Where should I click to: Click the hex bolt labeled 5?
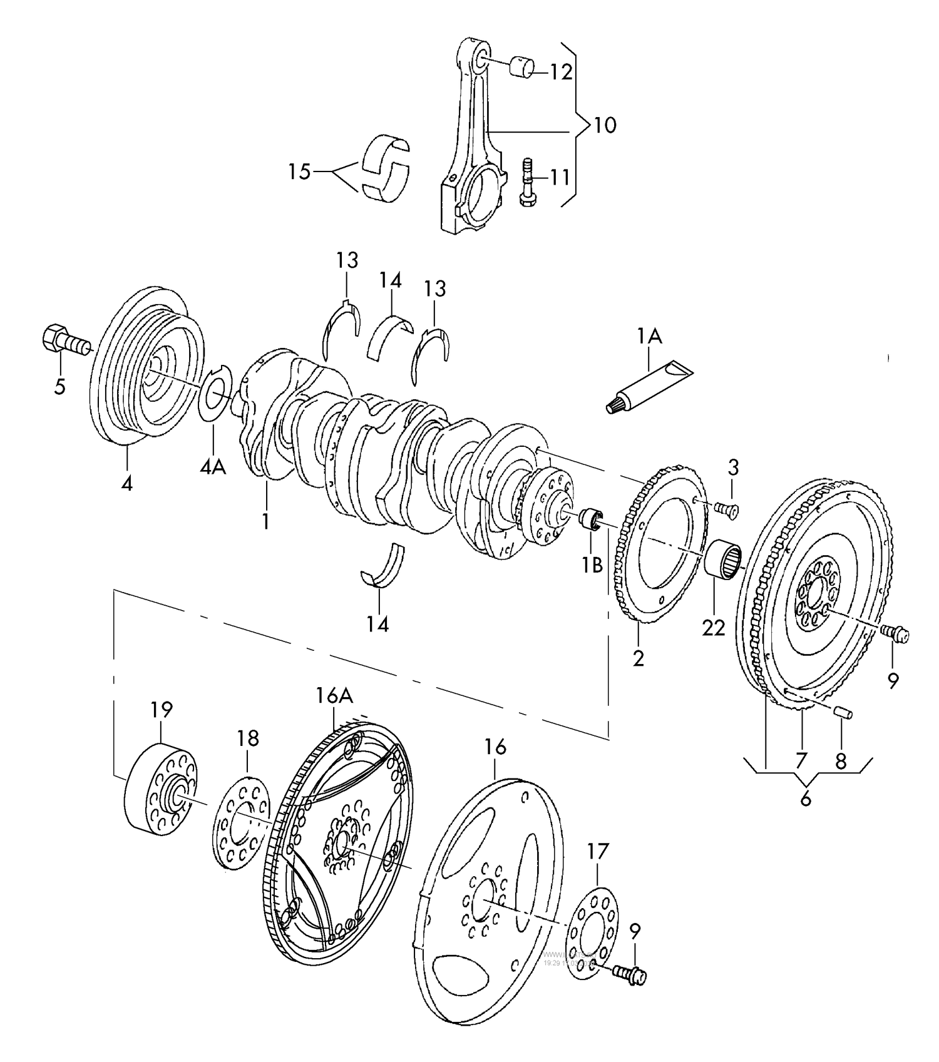[63, 342]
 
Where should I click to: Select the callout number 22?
[713, 627]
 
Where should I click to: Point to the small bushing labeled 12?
[522, 68]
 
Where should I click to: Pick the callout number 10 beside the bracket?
[605, 125]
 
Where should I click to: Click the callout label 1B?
[592, 565]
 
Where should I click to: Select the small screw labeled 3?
[729, 510]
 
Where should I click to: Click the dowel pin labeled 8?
[843, 713]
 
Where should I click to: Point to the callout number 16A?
[334, 696]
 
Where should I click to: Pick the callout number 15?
[299, 171]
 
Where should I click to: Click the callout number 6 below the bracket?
[805, 799]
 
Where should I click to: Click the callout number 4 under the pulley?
[127, 483]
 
